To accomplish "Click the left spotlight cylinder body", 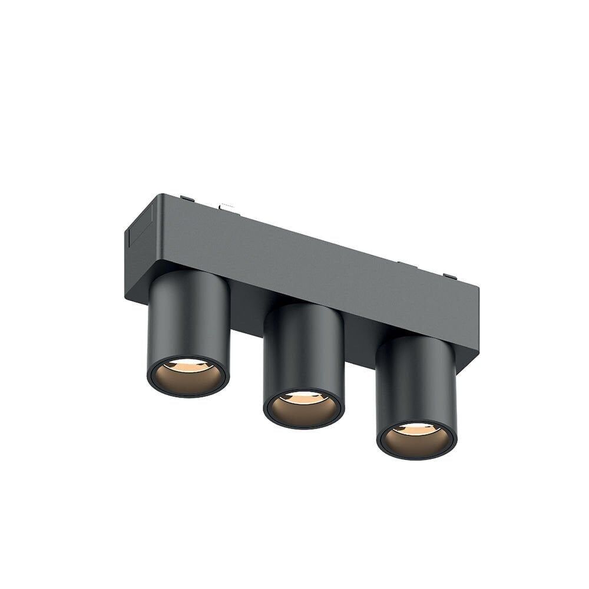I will coord(188,318).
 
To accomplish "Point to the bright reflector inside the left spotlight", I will coord(188,366).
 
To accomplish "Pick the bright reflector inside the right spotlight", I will coord(416,430).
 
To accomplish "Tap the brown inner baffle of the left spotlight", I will coord(188,382).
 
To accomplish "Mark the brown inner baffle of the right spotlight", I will coord(416,445).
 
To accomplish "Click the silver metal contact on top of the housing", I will coord(229,207).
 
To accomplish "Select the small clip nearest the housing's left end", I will coord(187,198).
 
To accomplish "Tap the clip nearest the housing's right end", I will coord(450,276).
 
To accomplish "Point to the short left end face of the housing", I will coord(139,247).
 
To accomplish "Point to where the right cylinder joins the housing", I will coord(415,339).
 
